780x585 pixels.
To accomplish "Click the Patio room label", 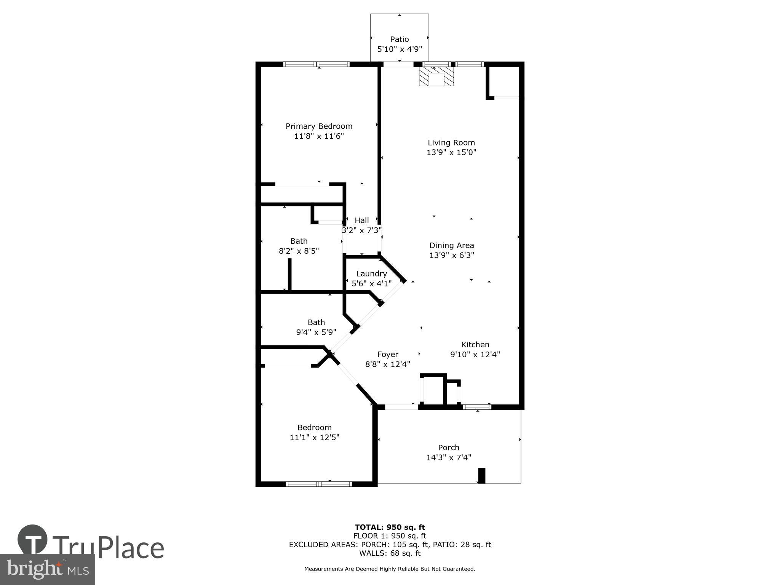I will tap(399, 39).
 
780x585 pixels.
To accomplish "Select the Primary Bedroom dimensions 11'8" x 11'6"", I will tap(319, 136).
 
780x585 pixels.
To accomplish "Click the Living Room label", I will tap(451, 143).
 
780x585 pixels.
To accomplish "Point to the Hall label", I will tap(361, 221).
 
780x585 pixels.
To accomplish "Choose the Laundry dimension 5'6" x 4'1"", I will tap(371, 284).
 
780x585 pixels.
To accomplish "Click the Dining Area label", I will tap(451, 246).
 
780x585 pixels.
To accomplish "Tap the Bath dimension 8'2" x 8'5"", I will tap(299, 251).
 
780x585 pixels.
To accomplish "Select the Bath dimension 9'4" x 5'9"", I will tap(316, 332).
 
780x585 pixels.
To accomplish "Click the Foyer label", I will tap(387, 355).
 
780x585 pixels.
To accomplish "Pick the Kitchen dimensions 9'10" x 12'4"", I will tap(475, 355).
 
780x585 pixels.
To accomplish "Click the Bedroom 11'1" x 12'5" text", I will tap(314, 437).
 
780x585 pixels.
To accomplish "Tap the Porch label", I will tap(448, 448).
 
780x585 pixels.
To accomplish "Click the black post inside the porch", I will tap(481, 476).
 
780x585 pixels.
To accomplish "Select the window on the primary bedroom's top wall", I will tap(316, 64).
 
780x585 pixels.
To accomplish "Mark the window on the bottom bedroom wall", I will tap(318, 484).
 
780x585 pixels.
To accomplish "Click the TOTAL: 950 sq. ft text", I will tap(390, 527).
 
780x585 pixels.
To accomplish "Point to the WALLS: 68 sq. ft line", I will tap(390, 553).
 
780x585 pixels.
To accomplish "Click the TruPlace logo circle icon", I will tap(33, 539).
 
